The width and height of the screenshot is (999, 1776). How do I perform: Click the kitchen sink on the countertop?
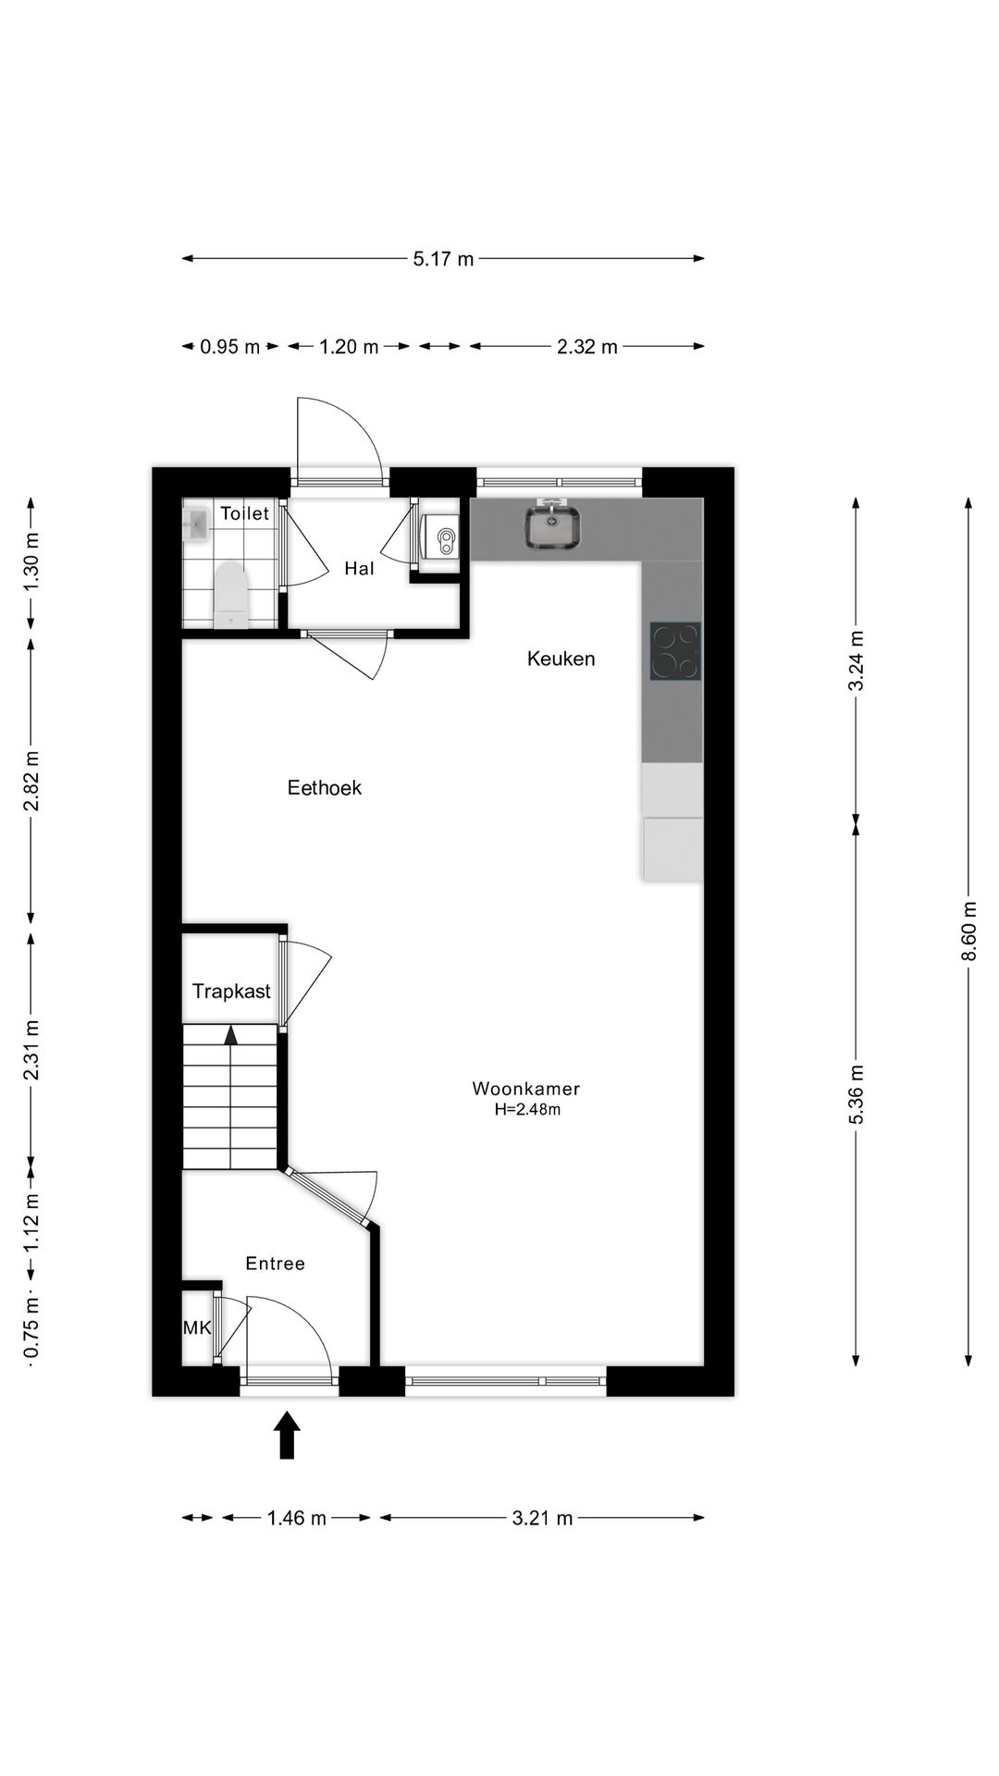(552, 527)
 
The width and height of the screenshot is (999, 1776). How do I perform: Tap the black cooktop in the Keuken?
(675, 651)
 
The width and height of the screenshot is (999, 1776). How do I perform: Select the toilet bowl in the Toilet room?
(230, 597)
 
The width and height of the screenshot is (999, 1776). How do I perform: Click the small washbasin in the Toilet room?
(196, 524)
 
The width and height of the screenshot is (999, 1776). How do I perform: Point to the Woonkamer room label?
(525, 1089)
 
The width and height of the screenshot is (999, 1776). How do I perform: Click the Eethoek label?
(324, 788)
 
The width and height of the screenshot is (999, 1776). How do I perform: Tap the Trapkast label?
(231, 992)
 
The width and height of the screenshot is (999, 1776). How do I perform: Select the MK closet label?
(196, 1328)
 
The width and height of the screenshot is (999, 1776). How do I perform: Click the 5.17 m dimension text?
(443, 259)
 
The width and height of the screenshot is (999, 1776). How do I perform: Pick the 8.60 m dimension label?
(968, 931)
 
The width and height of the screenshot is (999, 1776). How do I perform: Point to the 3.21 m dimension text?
(542, 1518)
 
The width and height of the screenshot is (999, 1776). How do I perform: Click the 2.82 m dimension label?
(31, 781)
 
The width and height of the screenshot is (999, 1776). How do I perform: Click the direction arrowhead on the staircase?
(230, 1034)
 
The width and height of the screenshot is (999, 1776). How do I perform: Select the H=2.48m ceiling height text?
(527, 1110)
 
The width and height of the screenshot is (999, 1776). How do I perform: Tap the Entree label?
(275, 1264)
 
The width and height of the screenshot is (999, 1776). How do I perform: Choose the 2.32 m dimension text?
(586, 347)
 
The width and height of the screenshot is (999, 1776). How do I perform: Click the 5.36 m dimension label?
(857, 1094)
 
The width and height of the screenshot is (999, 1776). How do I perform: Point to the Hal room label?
(359, 569)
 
